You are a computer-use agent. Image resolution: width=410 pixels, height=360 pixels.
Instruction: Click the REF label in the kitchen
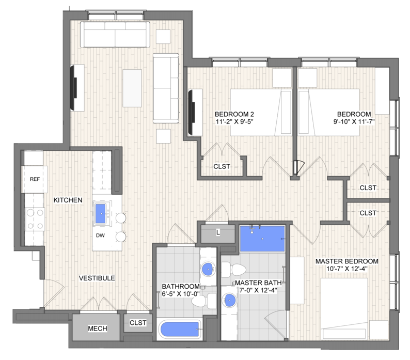tap(35, 179)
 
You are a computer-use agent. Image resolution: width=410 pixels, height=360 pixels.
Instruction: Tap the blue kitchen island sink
tap(101, 214)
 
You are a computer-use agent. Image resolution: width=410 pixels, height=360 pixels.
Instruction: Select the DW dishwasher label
tap(100, 236)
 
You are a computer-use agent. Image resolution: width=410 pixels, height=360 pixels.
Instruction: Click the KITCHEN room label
tap(68, 200)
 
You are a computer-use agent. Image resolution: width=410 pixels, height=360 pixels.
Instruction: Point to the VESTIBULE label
tap(97, 278)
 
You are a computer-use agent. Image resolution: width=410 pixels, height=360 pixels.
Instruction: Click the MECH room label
tap(98, 328)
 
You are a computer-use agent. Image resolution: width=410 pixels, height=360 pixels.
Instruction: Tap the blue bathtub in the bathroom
tap(180, 330)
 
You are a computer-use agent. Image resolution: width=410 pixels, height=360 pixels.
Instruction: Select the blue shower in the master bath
tap(262, 239)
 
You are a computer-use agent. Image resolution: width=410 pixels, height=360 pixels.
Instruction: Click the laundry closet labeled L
tap(218, 232)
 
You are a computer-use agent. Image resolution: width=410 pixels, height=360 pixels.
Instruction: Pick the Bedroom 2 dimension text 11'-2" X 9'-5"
tap(234, 122)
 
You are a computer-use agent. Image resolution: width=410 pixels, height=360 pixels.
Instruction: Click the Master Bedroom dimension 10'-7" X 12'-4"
tap(346, 269)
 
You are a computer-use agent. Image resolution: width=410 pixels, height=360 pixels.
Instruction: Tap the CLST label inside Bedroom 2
tap(222, 166)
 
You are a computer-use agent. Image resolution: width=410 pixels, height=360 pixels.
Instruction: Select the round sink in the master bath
tap(230, 300)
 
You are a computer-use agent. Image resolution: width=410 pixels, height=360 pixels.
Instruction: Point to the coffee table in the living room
tap(132, 88)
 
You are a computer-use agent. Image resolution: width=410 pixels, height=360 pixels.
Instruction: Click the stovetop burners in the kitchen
tap(35, 219)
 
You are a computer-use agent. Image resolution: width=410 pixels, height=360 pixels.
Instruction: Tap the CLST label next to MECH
tap(138, 323)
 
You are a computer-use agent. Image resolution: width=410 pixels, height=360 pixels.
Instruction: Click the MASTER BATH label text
tap(258, 283)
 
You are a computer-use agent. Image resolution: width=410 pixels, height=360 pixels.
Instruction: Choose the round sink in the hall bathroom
tap(208, 269)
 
